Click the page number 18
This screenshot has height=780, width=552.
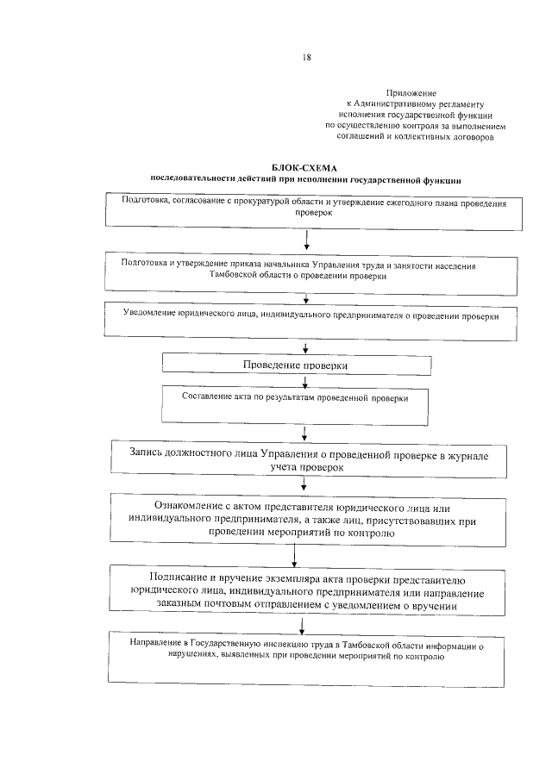tap(306, 58)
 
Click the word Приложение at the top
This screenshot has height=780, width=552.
tap(411, 91)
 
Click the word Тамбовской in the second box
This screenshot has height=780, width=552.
tap(240, 277)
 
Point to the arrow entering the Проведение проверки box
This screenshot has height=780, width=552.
tap(306, 349)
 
